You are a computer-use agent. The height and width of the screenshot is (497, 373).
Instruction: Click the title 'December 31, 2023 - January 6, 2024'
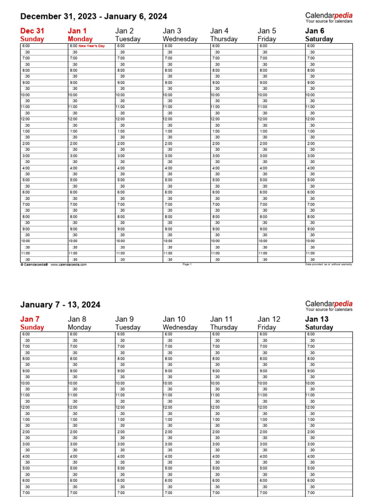[x=93, y=17]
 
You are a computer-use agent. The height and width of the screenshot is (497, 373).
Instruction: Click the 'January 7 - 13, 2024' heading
[x=60, y=305]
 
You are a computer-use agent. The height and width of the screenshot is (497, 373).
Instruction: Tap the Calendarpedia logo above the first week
[x=329, y=17]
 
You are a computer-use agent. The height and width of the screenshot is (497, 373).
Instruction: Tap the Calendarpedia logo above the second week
[x=329, y=306]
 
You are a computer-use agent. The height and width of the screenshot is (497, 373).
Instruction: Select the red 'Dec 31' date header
[x=32, y=31]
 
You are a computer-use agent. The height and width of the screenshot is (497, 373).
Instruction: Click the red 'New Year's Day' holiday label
[x=91, y=46]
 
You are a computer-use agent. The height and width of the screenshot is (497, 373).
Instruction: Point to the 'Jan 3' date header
[x=172, y=31]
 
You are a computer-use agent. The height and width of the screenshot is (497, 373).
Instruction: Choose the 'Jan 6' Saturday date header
[x=314, y=31]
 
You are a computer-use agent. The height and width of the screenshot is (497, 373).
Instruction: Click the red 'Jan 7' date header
[x=30, y=319]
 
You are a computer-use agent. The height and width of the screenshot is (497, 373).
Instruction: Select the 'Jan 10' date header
[x=174, y=319]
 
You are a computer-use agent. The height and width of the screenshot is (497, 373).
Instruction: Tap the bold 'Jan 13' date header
[x=317, y=319]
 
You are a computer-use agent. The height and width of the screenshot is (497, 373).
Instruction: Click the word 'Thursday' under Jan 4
[x=224, y=39]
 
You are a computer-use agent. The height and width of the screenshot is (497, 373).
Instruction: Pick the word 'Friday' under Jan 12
[x=267, y=328]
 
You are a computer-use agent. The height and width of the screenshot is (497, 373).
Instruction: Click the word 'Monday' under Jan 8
[x=80, y=328]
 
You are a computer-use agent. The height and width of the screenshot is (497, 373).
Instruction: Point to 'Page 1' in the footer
[x=187, y=265]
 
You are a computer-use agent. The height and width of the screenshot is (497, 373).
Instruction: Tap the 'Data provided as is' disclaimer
[x=328, y=265]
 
